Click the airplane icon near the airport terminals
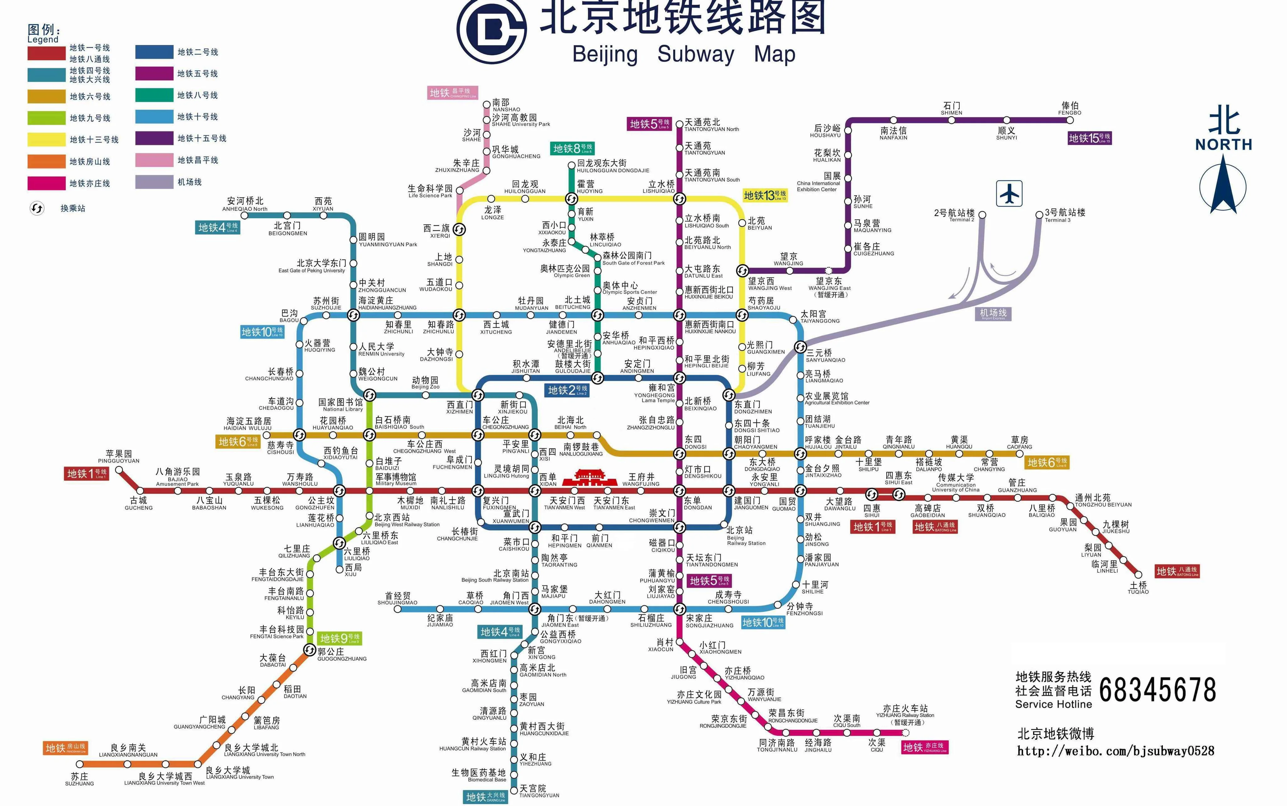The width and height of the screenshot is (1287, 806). tap(1009, 193)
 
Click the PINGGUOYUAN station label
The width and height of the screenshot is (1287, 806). tap(118, 457)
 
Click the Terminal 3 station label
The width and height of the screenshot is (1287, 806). tap(1064, 215)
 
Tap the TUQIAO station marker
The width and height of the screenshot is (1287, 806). tap(1138, 575)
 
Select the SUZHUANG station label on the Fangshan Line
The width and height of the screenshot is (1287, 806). tap(80, 779)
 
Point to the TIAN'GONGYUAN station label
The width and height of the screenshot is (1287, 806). tap(539, 791)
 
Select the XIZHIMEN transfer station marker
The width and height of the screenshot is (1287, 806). tap(478, 395)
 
